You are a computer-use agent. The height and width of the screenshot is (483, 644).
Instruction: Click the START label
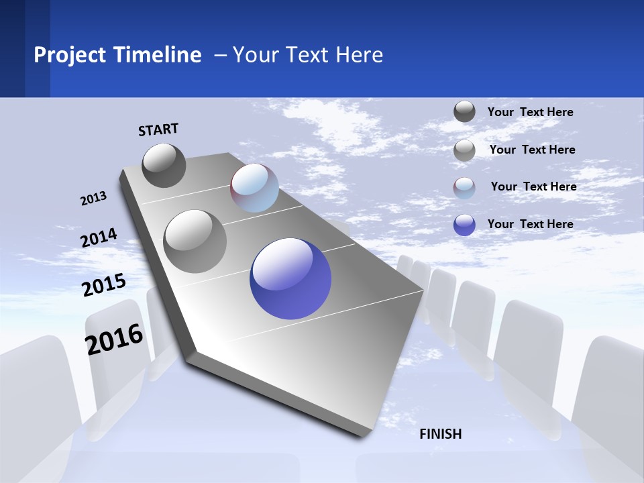point(158,129)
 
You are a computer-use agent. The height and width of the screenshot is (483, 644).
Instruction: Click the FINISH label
point(440,434)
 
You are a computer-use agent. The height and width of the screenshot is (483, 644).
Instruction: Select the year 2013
point(94,198)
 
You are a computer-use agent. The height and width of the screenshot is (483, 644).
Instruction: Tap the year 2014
point(99,237)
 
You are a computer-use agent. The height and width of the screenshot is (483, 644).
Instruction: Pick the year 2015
point(104,284)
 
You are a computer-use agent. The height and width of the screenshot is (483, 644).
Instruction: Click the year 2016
point(115,339)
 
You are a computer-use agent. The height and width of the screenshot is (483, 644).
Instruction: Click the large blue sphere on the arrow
point(290,279)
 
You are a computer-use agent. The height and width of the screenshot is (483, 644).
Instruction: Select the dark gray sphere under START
point(164,165)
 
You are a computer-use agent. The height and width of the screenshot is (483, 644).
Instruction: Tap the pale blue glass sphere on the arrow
point(254,188)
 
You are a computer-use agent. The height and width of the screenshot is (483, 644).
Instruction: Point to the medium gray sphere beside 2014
point(195,241)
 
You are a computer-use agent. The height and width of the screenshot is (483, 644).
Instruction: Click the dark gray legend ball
point(464,112)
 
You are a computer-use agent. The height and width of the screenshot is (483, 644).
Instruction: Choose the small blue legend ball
point(464,225)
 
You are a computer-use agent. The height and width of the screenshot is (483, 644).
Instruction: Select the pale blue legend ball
point(464,188)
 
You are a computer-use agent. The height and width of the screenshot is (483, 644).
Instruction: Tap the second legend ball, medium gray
point(464,150)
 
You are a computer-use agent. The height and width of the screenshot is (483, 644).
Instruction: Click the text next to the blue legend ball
point(530,224)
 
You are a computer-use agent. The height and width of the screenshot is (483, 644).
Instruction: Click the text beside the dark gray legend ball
point(530,112)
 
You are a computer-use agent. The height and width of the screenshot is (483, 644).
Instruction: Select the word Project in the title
point(70,54)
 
